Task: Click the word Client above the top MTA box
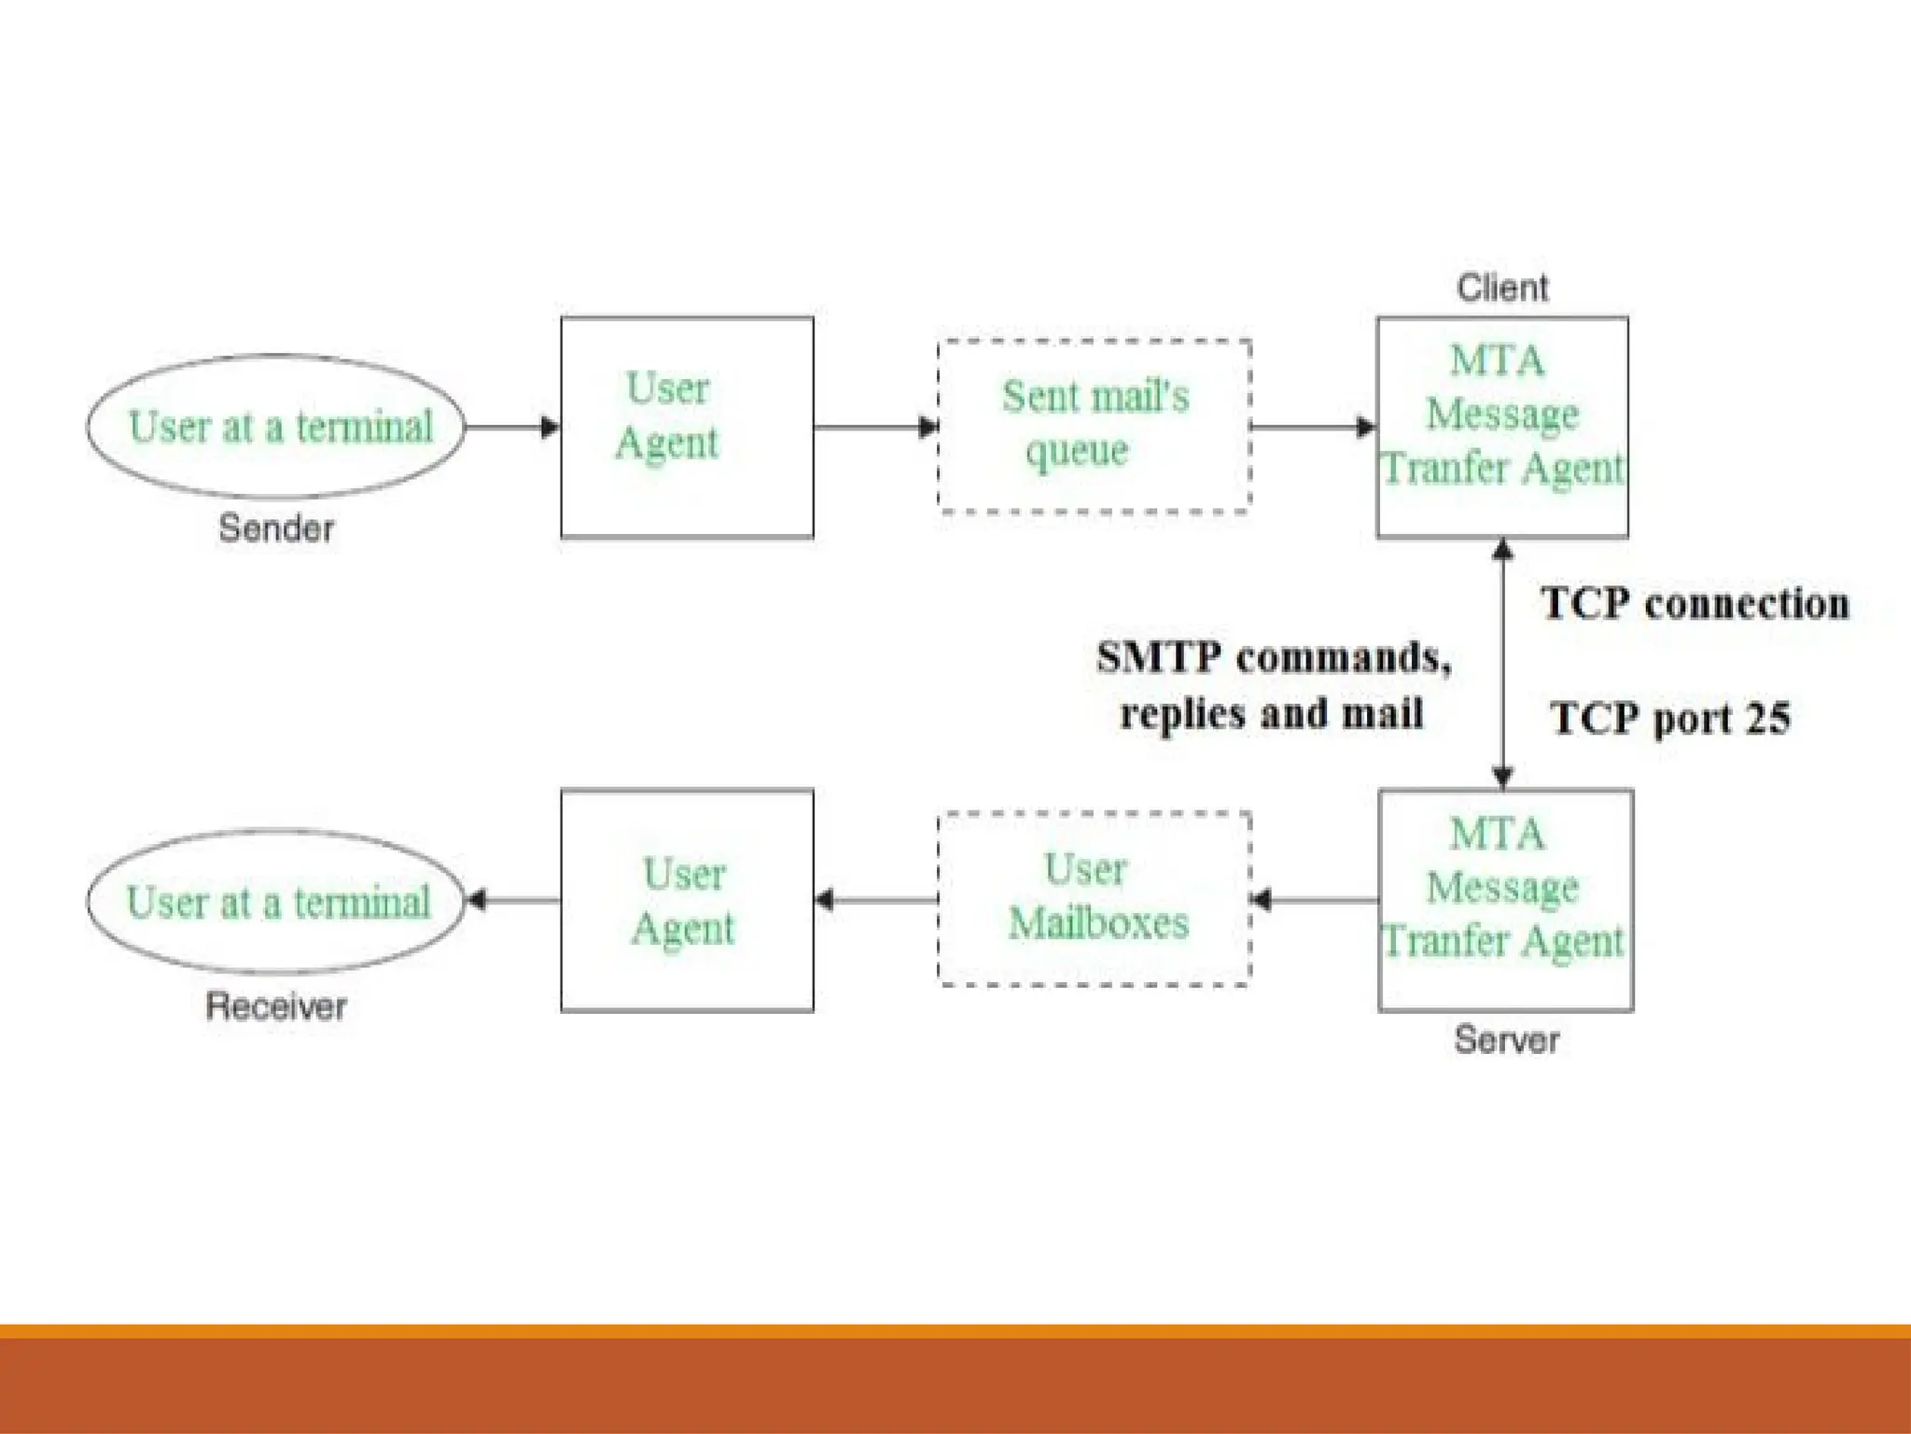click(x=1502, y=288)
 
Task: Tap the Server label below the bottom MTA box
click(x=1506, y=1040)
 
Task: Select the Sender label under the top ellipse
click(x=276, y=528)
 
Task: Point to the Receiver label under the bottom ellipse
click(x=276, y=1006)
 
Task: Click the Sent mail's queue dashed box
click(x=1094, y=426)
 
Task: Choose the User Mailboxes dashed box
click(x=1094, y=898)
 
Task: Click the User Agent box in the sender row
click(x=687, y=428)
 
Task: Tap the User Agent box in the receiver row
click(x=687, y=900)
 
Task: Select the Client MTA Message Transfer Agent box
click(x=1502, y=428)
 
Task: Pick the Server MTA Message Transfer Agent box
click(x=1505, y=900)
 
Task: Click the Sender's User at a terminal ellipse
click(x=276, y=427)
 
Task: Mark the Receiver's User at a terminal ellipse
click(x=276, y=902)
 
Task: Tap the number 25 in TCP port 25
click(x=1767, y=719)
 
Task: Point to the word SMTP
click(x=1158, y=657)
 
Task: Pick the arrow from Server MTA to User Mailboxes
click(x=1315, y=900)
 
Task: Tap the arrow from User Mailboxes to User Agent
click(x=875, y=900)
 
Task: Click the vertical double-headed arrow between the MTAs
click(x=1502, y=663)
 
